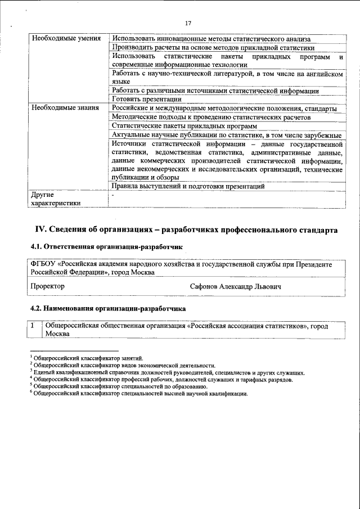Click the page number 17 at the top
(x=188, y=23)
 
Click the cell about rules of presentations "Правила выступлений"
(x=188, y=186)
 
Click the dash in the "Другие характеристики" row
(x=113, y=195)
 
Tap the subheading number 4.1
(x=36, y=246)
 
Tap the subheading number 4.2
(x=36, y=309)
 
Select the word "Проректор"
(x=48, y=286)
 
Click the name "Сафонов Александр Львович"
(x=236, y=286)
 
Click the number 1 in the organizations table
(x=34, y=326)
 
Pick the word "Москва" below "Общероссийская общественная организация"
(x=58, y=334)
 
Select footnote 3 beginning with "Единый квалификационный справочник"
(x=169, y=372)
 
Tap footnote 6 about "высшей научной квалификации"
(x=140, y=394)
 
